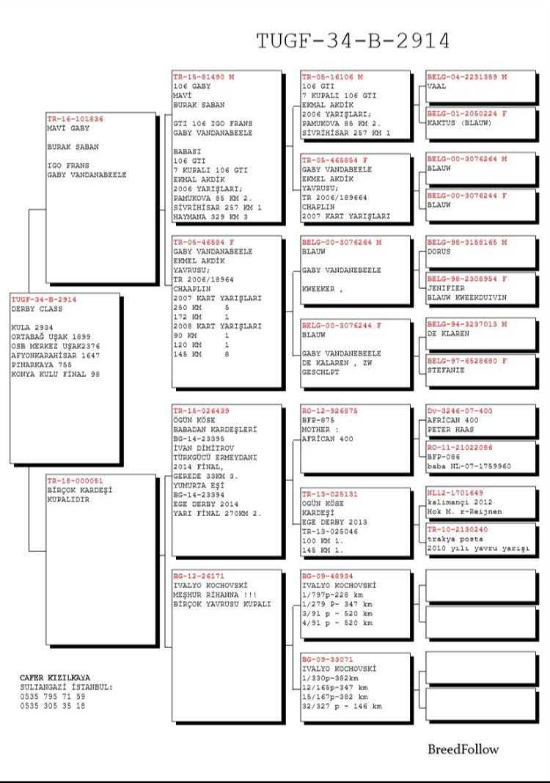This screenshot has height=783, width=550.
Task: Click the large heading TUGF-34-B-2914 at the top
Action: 353,41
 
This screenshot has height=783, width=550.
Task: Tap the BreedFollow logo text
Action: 463,749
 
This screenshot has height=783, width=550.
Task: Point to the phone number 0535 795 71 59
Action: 53,696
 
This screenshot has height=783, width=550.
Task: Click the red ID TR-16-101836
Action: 76,119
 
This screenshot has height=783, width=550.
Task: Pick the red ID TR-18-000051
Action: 76,480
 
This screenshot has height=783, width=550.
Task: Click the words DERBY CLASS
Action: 35,309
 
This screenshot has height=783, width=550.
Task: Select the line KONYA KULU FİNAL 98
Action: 56,374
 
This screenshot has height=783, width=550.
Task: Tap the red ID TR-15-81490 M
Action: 204,77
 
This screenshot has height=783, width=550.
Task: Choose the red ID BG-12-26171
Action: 196,576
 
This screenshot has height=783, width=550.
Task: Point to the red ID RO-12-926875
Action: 330,411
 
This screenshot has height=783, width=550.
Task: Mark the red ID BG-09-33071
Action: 327,659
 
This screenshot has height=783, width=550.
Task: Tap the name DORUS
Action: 439,251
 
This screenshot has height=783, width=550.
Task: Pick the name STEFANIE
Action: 447,370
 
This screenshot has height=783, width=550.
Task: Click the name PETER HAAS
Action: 451,430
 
